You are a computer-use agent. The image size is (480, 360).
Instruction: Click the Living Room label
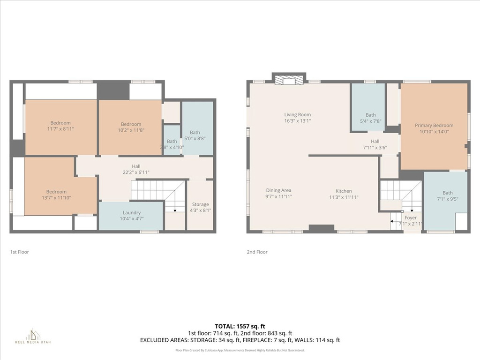point(297,114)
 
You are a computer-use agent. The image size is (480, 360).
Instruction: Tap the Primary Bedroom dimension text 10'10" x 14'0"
point(434,132)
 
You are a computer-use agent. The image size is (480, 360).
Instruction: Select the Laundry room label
point(131,212)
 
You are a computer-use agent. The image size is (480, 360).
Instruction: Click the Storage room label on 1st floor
point(201,204)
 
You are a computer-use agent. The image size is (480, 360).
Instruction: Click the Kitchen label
point(343,191)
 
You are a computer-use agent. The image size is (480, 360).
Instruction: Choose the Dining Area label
point(279,190)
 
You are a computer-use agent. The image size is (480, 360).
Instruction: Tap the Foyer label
point(410,217)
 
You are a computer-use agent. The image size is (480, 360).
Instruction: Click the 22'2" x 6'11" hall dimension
point(136,172)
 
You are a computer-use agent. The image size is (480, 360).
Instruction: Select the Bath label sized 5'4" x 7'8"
point(370,115)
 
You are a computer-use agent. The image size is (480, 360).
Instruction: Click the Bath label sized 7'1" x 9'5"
point(448,193)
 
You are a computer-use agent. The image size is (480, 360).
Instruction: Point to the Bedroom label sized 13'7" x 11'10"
point(56,191)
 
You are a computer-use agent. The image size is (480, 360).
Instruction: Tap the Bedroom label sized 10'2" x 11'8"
point(131,124)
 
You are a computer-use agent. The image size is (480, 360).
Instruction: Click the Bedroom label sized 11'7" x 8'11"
point(60,123)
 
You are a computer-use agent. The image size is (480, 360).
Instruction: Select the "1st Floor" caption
point(19,252)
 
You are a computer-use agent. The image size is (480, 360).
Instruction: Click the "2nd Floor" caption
point(257,252)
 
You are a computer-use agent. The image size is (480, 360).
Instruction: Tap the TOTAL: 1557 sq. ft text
point(240,326)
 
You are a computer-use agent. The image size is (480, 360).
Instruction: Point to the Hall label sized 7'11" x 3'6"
point(375,141)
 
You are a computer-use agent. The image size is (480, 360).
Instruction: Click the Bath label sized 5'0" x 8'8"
point(195,133)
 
